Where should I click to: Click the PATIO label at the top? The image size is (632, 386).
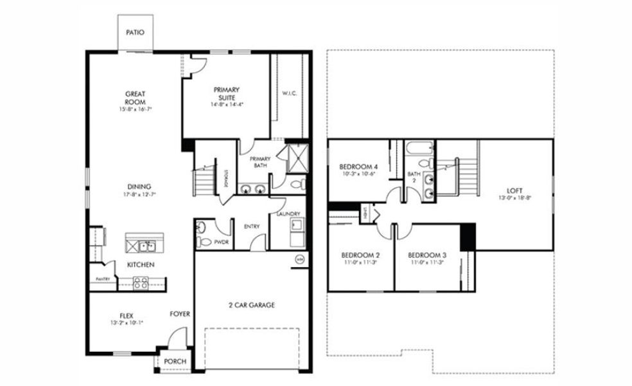(x=134, y=32)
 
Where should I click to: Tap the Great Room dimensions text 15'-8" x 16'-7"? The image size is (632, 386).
(x=135, y=110)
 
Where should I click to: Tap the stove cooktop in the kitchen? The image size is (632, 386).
(x=141, y=280)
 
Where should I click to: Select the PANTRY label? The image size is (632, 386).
(x=103, y=279)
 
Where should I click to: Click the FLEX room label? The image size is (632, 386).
(x=126, y=315)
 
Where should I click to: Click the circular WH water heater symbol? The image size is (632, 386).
(x=300, y=259)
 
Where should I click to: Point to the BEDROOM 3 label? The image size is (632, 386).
(x=427, y=255)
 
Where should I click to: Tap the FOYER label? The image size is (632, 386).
(x=179, y=315)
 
